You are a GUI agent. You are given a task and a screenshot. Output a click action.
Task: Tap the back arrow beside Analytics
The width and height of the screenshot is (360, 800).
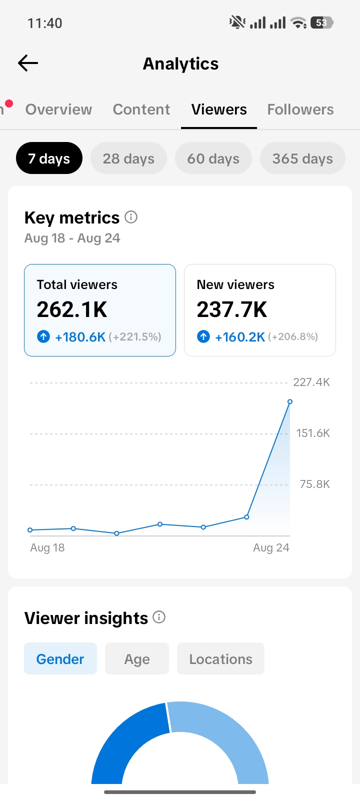(28, 63)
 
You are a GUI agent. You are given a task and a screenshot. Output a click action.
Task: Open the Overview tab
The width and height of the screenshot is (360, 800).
(58, 109)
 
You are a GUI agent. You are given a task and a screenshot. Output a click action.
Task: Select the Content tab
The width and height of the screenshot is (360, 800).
(141, 109)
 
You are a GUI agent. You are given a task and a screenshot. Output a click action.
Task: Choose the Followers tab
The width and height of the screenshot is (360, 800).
(300, 109)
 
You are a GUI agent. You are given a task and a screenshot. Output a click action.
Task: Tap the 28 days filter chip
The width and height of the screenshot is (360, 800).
(128, 158)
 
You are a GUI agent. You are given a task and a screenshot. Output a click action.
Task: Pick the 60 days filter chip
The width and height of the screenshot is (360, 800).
(213, 158)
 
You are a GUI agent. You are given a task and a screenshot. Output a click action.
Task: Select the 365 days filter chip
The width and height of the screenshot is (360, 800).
(302, 158)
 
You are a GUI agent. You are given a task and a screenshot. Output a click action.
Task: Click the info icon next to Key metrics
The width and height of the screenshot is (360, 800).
(131, 217)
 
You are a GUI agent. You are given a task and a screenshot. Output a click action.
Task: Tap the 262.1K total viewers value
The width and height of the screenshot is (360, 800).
(72, 309)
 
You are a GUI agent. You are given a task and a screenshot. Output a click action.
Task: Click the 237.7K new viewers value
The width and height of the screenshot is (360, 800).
(232, 309)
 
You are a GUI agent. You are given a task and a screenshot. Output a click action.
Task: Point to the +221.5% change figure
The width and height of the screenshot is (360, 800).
(135, 337)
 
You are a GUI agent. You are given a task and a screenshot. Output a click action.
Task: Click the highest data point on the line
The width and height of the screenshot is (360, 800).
(290, 402)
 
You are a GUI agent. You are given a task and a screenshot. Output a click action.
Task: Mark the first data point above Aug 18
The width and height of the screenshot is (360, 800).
(30, 530)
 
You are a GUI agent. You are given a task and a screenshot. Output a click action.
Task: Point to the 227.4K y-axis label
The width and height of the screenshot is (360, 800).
(311, 382)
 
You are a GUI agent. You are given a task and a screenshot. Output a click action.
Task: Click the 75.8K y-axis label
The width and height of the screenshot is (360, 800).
(314, 484)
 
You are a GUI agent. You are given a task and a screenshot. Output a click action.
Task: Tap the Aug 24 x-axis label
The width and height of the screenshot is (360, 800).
(271, 548)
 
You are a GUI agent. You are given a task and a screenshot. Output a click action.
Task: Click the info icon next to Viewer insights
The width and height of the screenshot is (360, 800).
(159, 617)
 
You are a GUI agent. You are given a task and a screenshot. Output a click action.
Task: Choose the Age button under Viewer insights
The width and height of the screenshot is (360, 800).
(137, 659)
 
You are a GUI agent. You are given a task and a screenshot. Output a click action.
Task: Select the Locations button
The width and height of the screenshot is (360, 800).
(220, 659)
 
